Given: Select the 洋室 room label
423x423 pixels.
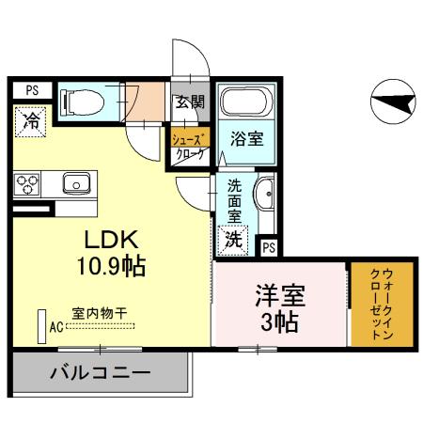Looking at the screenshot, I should click(281, 295).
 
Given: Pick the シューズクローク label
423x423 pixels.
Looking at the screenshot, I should click(187, 148).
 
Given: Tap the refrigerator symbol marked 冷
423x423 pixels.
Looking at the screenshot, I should click(31, 121).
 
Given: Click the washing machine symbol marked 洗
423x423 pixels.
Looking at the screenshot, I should click(231, 239).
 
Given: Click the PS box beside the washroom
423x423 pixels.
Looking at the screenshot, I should click(269, 247).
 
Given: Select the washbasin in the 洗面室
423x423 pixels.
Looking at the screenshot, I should click(266, 194).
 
